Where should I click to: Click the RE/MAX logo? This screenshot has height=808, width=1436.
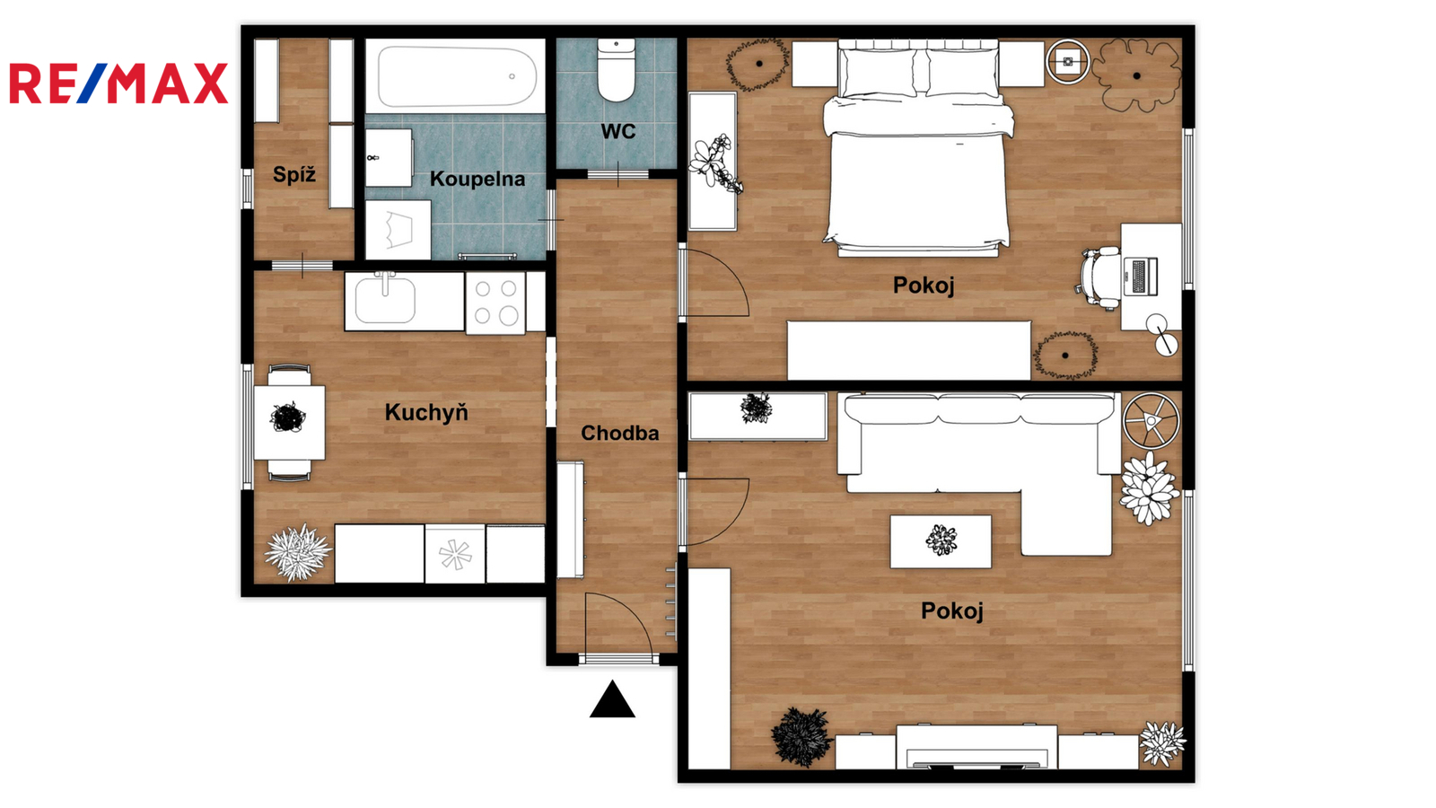pos(118,83)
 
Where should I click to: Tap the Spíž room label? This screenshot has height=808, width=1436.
pos(294,174)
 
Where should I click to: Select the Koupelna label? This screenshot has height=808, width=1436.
pos(477,179)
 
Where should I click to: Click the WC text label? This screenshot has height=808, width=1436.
pos(618,131)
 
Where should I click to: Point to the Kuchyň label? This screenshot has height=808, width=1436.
pos(426,412)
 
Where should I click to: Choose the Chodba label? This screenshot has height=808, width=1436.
pos(620,434)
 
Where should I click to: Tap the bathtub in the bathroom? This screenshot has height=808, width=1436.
pos(455,76)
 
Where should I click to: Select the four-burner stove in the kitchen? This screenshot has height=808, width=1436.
pos(495,303)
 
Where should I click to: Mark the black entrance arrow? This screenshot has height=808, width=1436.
pos(612,699)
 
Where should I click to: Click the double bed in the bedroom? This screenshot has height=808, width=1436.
pos(918,147)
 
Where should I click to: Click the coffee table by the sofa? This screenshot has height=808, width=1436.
pos(941,542)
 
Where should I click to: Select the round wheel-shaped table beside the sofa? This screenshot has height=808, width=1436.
pos(1151,421)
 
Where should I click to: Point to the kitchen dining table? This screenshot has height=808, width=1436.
pos(289,423)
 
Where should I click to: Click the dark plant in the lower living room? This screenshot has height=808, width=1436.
pos(801,737)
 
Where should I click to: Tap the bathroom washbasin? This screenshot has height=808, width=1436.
pos(389,158)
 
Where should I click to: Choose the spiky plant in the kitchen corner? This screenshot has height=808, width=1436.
pos(298,552)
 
